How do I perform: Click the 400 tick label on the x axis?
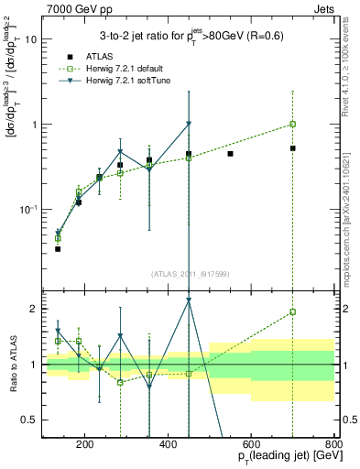pos(169,445)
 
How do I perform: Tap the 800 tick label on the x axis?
pos(334,445)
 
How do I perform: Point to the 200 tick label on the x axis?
pos(85,445)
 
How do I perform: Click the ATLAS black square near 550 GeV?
pos(230,154)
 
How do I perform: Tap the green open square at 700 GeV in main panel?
pos(292,124)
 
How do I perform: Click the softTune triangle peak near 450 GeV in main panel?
pos(189,124)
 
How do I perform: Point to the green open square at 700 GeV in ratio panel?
pos(292,312)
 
